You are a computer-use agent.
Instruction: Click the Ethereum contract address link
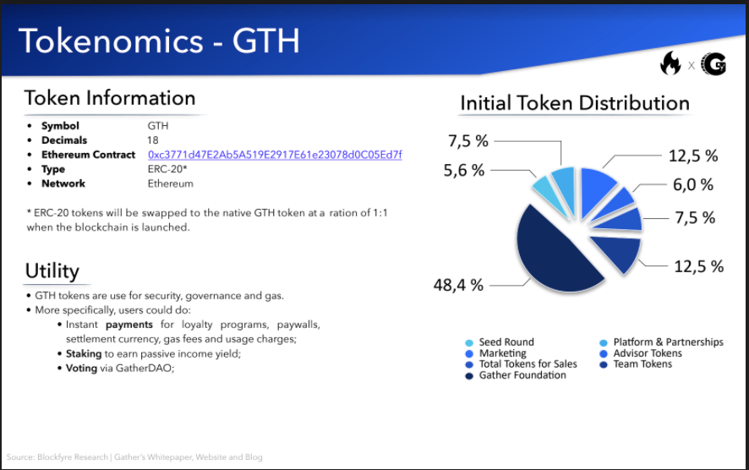click(275, 155)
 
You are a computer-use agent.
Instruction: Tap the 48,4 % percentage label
click(458, 285)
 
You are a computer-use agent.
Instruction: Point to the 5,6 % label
click(464, 170)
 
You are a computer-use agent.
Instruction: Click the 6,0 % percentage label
click(693, 185)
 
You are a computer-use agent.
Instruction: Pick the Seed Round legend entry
click(500, 342)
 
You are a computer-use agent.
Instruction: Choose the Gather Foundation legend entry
click(516, 375)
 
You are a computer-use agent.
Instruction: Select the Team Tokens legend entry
click(636, 364)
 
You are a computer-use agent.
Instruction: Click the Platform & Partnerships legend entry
click(662, 342)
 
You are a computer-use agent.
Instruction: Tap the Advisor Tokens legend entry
click(641, 353)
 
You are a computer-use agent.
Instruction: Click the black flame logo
click(670, 63)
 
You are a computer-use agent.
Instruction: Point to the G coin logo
click(713, 64)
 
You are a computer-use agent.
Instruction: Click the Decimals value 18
click(153, 140)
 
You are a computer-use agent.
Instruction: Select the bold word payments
click(129, 325)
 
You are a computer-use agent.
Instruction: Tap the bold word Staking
click(84, 354)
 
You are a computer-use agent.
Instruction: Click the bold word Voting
click(81, 369)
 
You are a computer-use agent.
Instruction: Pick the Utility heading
click(52, 271)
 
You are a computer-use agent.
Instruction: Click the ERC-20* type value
click(167, 169)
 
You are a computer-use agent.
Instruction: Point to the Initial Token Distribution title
click(575, 103)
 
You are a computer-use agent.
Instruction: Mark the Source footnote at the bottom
click(134, 457)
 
